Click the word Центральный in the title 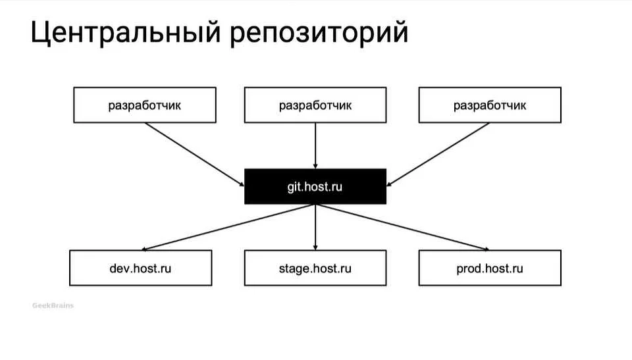(x=125, y=34)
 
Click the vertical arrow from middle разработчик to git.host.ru (x=316, y=145)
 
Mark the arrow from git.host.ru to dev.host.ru (x=227, y=227)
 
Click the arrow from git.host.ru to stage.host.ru (x=316, y=227)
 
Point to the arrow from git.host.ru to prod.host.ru (x=403, y=227)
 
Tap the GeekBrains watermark (x=53, y=305)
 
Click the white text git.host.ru (x=315, y=187)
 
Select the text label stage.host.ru (x=315, y=269)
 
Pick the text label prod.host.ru (x=490, y=269)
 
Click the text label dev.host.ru (x=141, y=269)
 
